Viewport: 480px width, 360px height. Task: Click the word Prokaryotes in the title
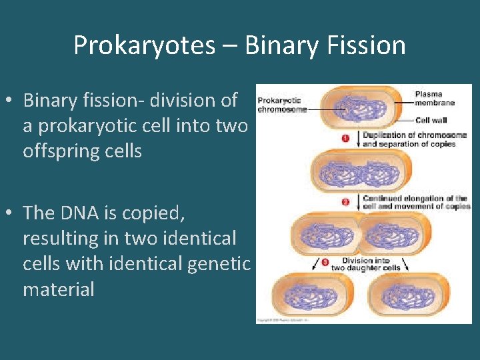click(144, 45)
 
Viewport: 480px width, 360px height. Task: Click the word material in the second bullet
click(58, 289)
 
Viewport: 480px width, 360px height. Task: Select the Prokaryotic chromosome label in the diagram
click(281, 105)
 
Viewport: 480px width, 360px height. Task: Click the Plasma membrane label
click(434, 99)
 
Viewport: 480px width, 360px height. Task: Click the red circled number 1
click(346, 139)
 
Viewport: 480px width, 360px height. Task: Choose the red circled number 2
click(346, 201)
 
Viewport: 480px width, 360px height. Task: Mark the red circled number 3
click(325, 263)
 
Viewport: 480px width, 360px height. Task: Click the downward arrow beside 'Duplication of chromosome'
click(359, 139)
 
